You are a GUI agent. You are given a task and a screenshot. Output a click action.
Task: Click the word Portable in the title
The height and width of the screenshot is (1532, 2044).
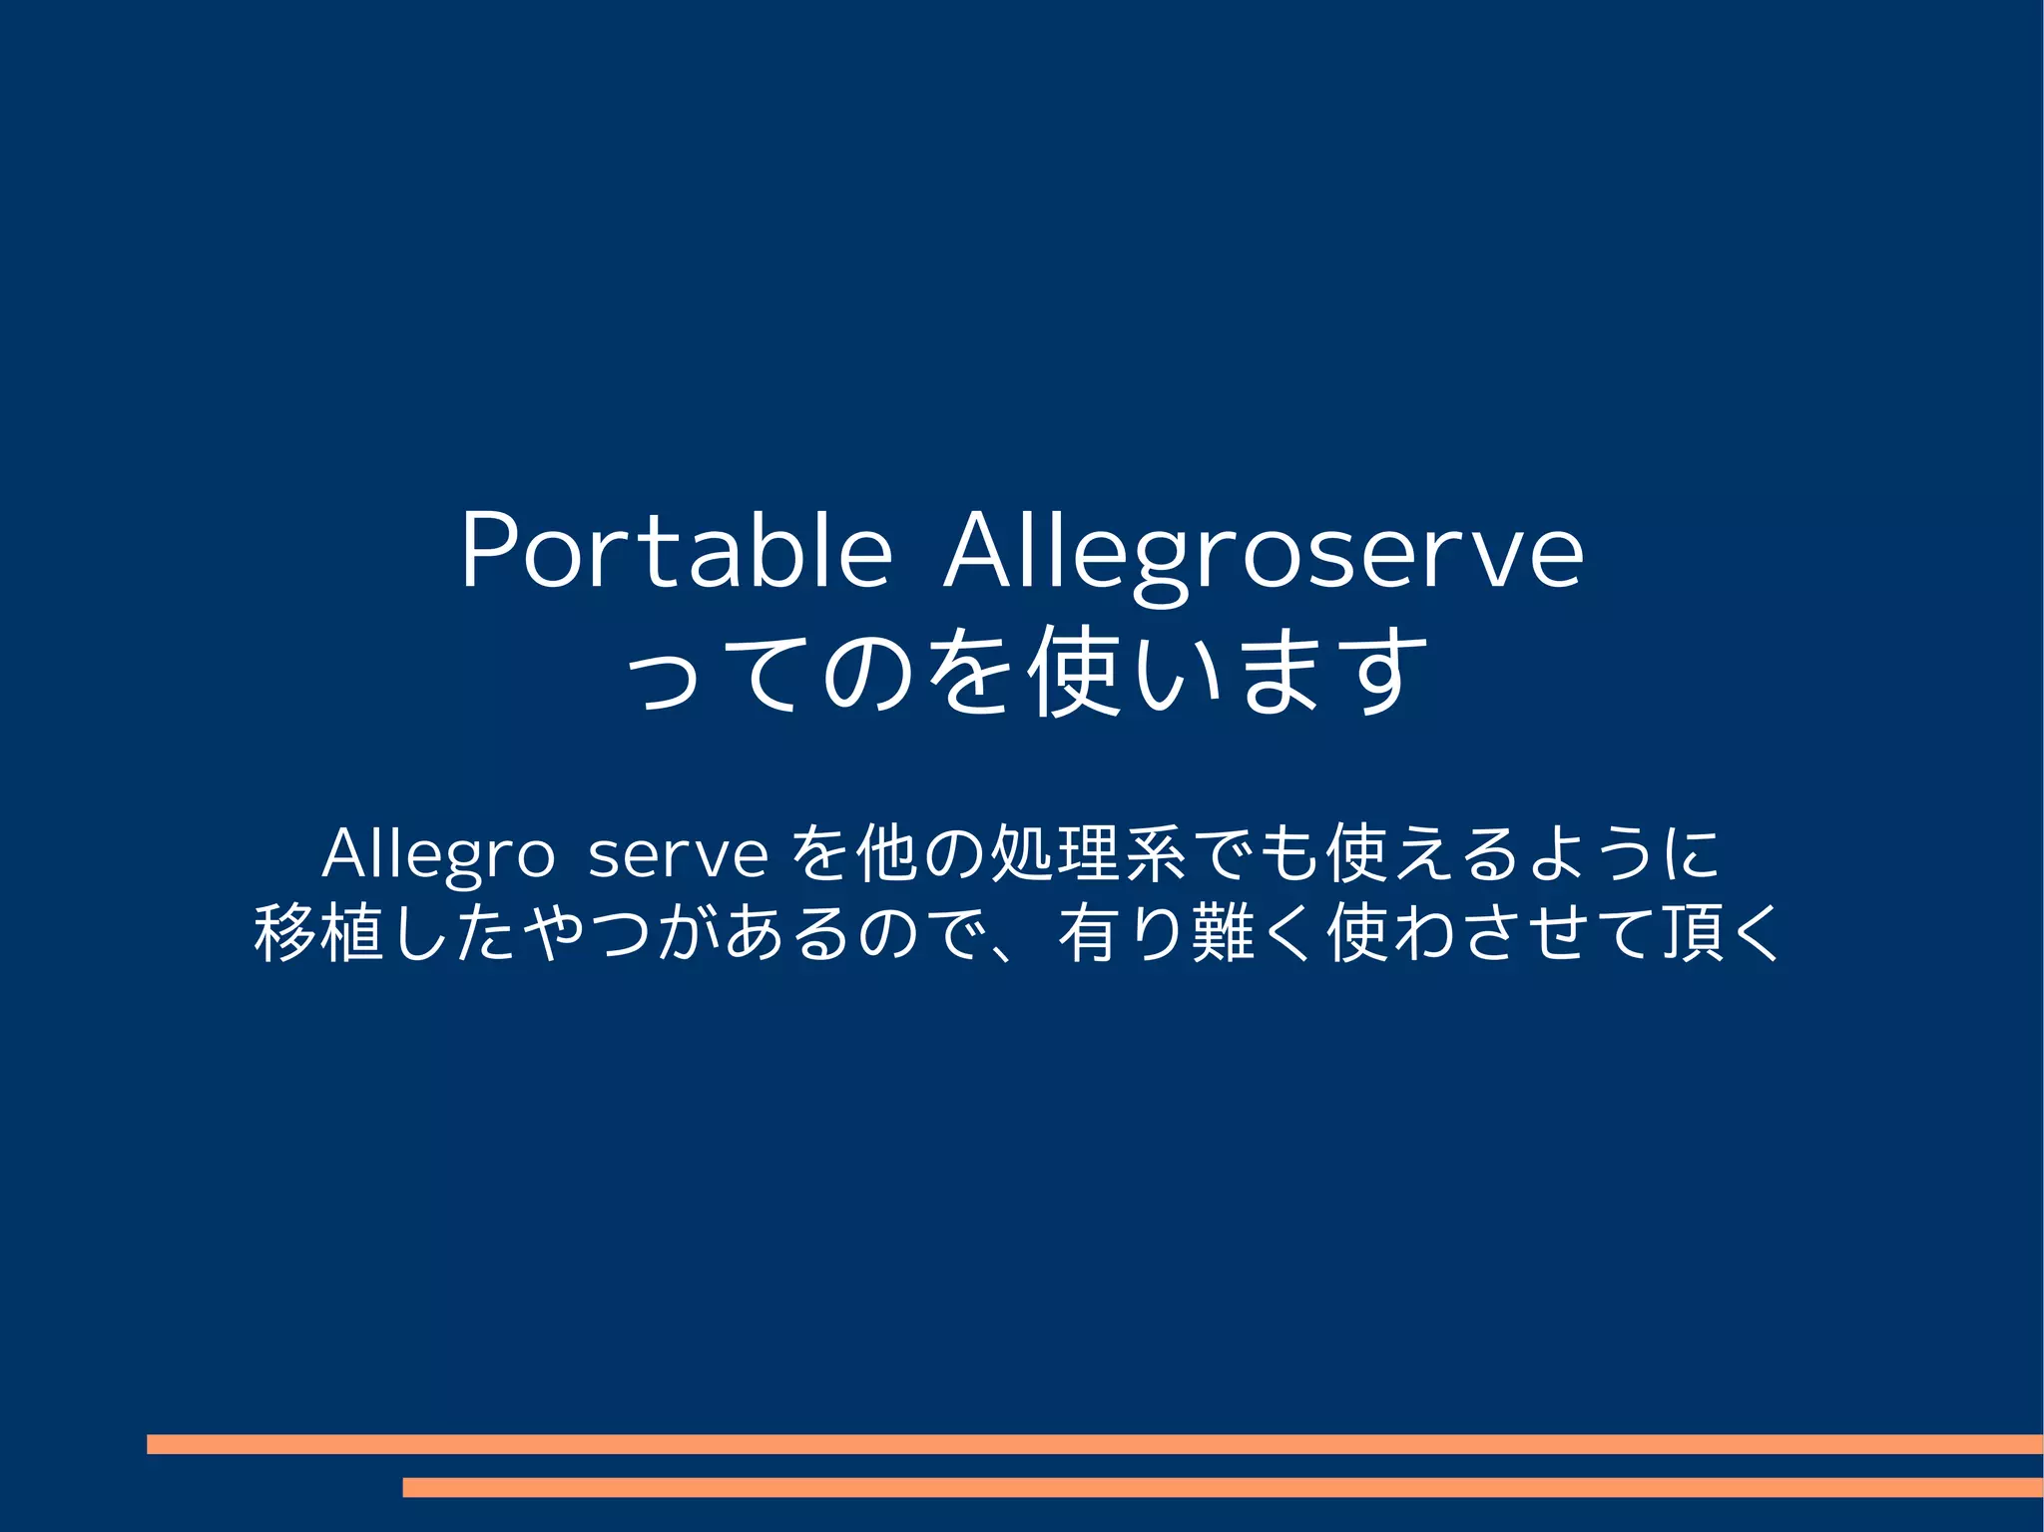tap(675, 551)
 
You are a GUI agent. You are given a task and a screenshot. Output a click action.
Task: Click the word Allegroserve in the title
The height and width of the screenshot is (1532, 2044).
tap(1263, 554)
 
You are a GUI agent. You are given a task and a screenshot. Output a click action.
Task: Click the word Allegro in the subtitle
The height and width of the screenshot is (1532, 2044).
tap(438, 855)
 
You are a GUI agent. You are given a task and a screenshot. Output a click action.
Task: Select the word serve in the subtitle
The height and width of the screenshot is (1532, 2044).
tap(678, 856)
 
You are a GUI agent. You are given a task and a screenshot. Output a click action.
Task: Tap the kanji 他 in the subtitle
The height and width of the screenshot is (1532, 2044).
tap(885, 853)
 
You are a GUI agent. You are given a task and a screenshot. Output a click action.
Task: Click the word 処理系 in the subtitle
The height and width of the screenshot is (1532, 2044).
tap(1087, 853)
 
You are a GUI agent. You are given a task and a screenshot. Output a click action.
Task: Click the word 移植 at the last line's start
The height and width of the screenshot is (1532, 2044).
tap(319, 933)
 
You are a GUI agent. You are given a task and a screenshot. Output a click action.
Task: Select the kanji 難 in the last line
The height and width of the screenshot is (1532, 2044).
tap(1224, 933)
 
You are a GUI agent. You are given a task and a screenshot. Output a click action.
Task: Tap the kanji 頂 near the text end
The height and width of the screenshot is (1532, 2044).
tap(1692, 933)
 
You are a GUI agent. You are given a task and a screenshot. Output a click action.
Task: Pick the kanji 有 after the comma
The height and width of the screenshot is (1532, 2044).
tap(1088, 933)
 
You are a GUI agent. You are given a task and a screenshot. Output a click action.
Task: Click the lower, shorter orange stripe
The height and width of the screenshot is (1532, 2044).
tap(1222, 1487)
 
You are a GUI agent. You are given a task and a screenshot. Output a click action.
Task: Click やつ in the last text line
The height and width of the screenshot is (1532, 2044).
tap(587, 933)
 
